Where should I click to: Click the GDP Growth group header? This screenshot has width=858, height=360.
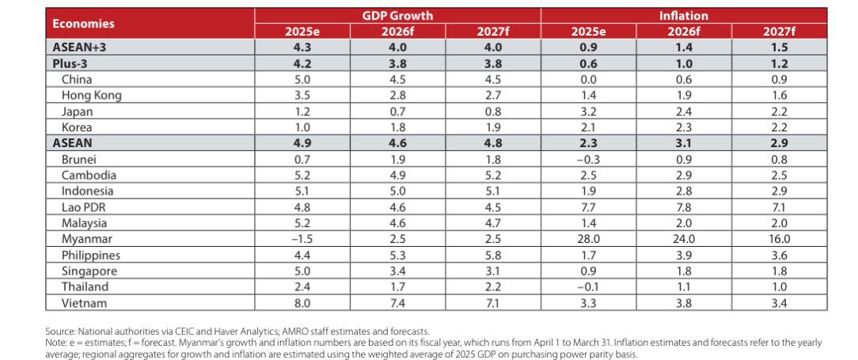(397, 15)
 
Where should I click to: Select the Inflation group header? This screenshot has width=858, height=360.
(683, 15)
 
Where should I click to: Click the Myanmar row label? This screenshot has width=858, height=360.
(86, 239)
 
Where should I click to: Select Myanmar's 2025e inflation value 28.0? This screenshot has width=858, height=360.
(588, 239)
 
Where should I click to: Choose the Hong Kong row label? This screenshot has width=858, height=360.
(91, 95)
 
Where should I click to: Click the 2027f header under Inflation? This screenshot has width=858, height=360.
(780, 31)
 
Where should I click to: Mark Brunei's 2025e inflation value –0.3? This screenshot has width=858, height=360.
(588, 159)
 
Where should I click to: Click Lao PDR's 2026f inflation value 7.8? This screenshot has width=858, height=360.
(684, 207)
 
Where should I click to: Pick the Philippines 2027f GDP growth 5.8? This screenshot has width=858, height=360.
(492, 255)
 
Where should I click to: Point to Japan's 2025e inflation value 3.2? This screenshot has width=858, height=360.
(588, 111)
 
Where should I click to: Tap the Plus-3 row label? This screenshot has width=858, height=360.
(70, 63)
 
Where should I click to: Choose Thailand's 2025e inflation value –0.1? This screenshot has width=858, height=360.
(588, 287)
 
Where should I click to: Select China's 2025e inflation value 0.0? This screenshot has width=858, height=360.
(588, 79)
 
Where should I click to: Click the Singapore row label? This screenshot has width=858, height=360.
(89, 271)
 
